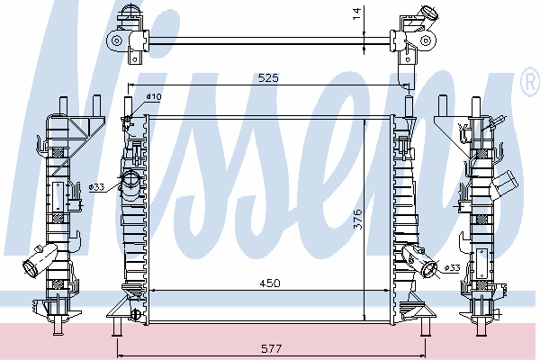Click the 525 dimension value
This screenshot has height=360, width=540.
pyautogui.click(x=268, y=78)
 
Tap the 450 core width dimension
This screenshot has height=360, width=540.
pyautogui.click(x=270, y=283)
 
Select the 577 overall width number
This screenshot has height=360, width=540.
pyautogui.click(x=272, y=348)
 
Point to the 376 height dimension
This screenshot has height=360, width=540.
pyautogui.click(x=357, y=219)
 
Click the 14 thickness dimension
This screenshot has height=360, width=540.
pyautogui.click(x=356, y=13)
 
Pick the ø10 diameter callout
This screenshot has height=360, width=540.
pyautogui.click(x=154, y=97)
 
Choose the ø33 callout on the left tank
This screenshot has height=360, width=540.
pyautogui.click(x=96, y=187)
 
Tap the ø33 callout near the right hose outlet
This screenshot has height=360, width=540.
pyautogui.click(x=452, y=267)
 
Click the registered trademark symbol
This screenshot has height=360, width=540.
pyautogui.click(x=531, y=81)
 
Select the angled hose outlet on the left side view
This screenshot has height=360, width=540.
pyautogui.click(x=39, y=260)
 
